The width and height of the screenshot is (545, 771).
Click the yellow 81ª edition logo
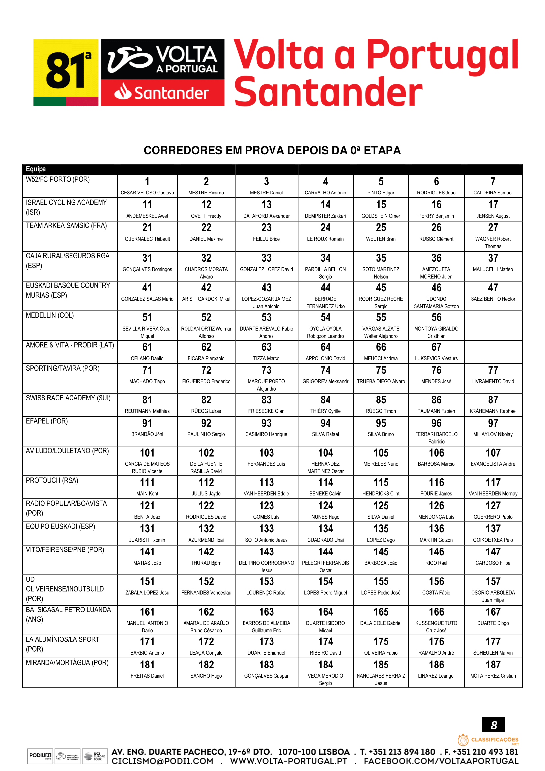point(66,72)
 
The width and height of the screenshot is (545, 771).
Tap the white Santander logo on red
point(162,93)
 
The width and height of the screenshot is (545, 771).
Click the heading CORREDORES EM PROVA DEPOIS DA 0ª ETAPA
point(272,150)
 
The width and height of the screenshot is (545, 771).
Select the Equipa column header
point(36,169)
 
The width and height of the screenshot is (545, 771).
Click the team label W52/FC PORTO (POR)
point(58,180)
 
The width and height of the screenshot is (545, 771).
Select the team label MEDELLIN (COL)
point(50,316)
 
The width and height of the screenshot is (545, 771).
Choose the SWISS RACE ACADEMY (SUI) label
point(68,398)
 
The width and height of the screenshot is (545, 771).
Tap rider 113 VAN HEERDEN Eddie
point(266,487)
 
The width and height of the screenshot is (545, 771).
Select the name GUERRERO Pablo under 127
point(493,517)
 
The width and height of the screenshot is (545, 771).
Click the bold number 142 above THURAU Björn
point(206,552)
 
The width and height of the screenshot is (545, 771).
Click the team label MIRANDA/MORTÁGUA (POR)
point(67,663)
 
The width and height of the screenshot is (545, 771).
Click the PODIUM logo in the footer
point(40,756)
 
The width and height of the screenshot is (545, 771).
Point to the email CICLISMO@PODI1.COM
point(162,761)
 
